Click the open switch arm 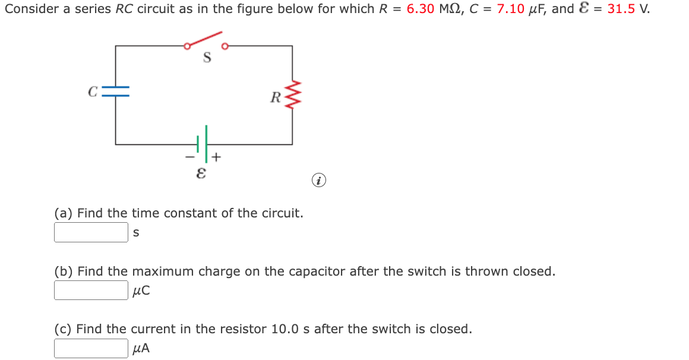point(205,39)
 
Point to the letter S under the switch point(207,58)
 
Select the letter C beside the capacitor point(92,91)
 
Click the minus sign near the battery point(189,158)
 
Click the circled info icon point(320,180)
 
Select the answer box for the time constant point(91,232)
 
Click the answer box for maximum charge point(91,290)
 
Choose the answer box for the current point(91,349)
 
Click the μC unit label point(141,291)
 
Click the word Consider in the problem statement point(29,10)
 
